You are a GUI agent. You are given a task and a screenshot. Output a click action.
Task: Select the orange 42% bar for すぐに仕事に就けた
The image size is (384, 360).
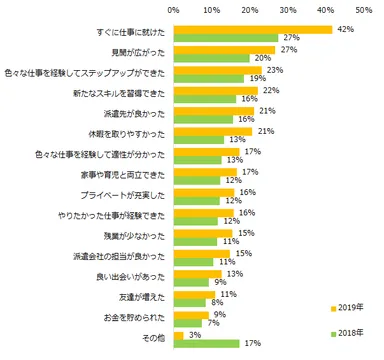click(x=253, y=30)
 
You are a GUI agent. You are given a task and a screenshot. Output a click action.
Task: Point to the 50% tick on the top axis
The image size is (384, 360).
click(x=364, y=11)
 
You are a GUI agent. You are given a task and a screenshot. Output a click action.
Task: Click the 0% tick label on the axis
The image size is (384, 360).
click(x=174, y=11)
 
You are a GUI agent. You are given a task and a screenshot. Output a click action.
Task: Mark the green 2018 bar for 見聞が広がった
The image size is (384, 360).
click(x=212, y=58)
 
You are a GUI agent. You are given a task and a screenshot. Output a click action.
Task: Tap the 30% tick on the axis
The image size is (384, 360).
click(x=288, y=11)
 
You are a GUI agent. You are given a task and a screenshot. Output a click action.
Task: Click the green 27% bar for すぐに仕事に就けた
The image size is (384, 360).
click(x=225, y=38)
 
